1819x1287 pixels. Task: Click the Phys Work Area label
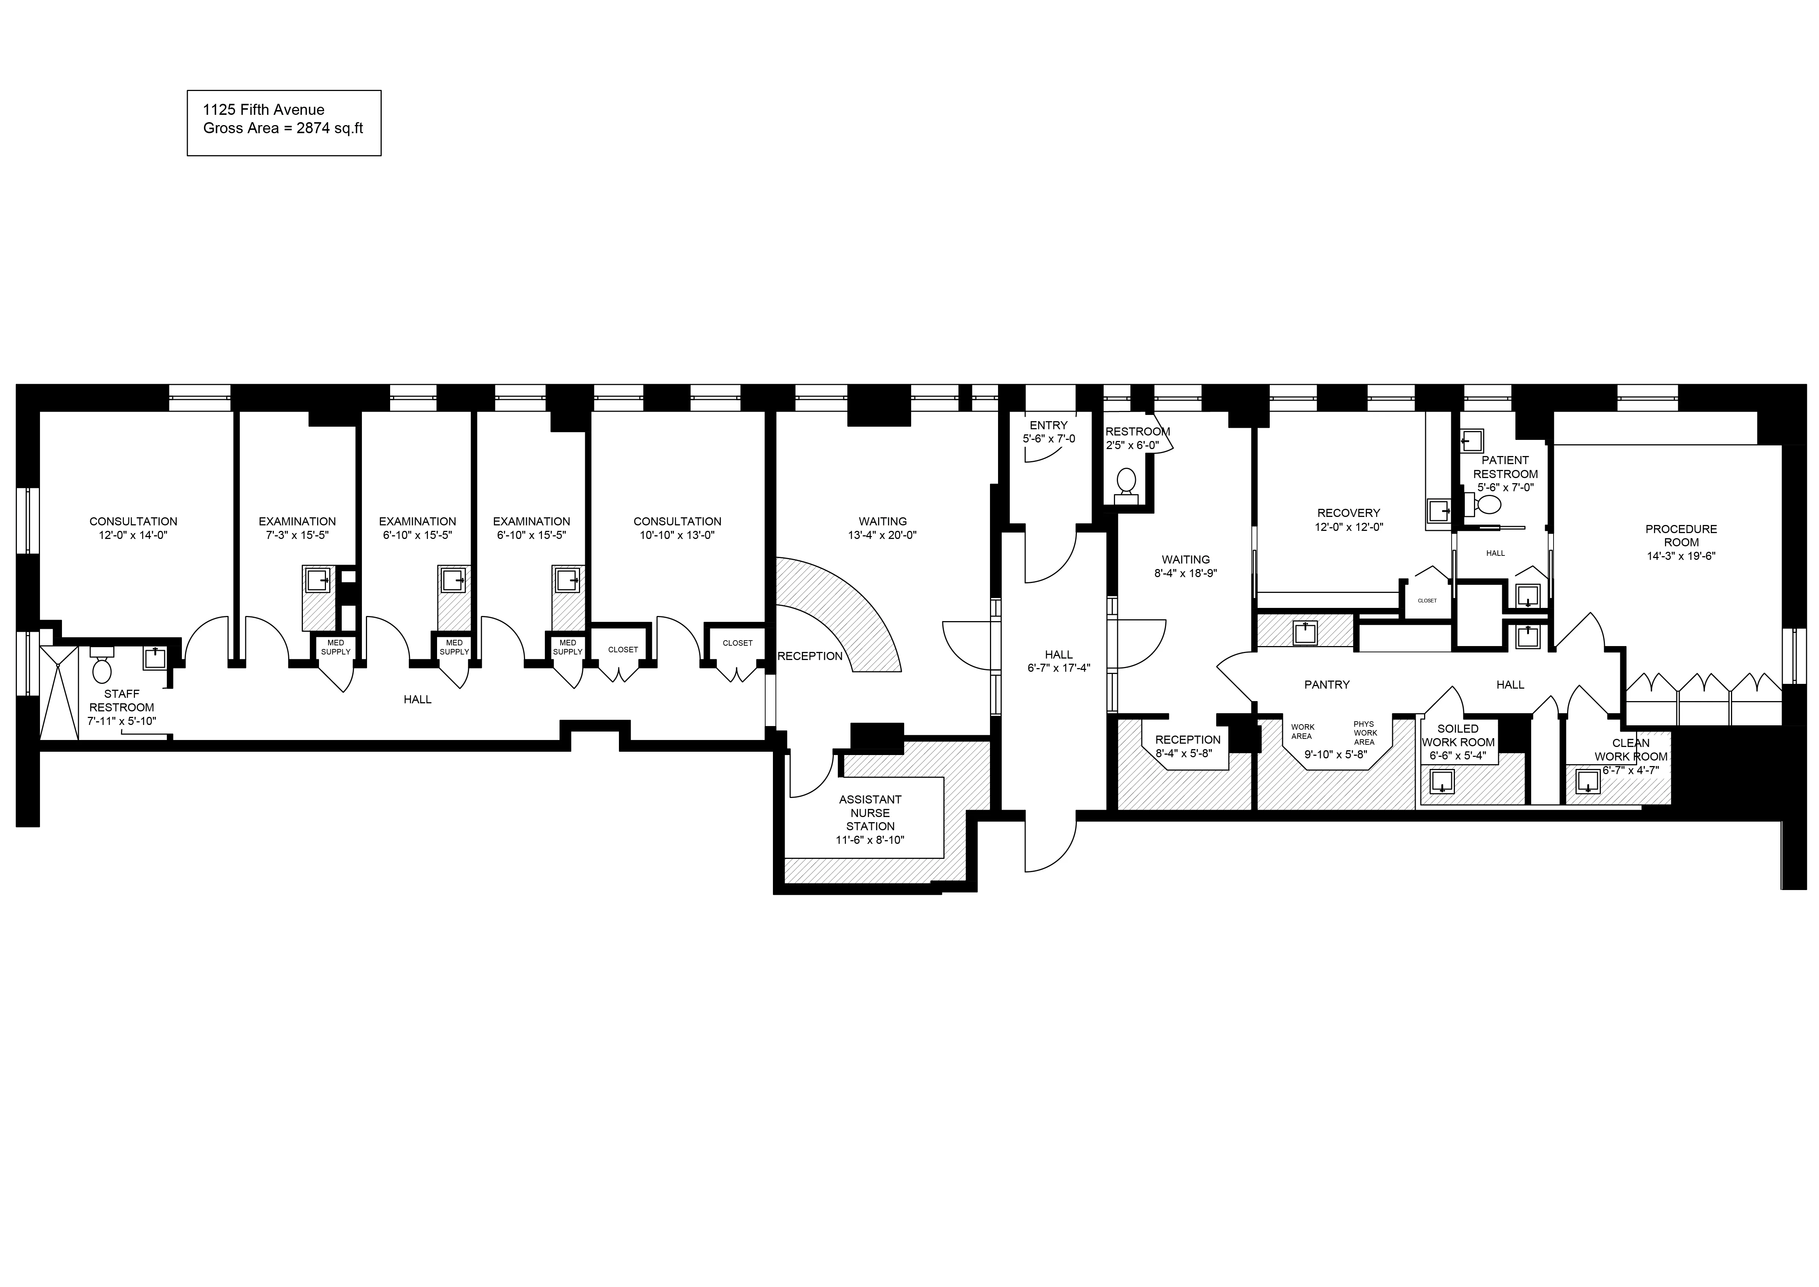(x=1364, y=732)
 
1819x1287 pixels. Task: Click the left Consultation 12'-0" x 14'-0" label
(x=133, y=528)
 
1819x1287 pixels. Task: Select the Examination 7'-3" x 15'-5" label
(x=297, y=528)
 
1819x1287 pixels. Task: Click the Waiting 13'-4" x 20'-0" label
(x=883, y=528)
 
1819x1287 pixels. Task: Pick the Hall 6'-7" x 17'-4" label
(x=1059, y=661)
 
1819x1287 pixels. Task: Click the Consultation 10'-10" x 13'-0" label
(x=677, y=528)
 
